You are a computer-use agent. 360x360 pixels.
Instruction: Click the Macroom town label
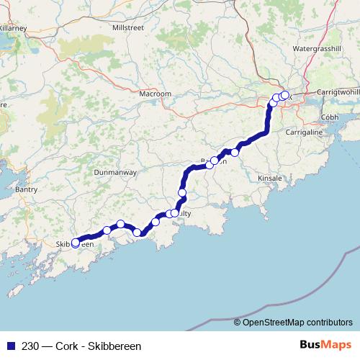point(156,94)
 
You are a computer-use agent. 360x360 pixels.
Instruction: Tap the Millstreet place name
point(129,27)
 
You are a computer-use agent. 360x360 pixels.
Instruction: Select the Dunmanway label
point(115,173)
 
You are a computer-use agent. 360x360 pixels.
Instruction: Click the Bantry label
point(26,189)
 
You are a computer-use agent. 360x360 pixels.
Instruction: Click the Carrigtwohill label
point(338,94)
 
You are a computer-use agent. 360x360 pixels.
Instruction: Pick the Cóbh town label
point(329,116)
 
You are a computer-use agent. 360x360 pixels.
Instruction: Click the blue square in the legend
point(9,346)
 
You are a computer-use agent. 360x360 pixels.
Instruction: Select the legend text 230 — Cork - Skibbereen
point(81,346)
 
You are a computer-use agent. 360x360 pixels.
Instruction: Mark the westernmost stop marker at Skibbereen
point(76,243)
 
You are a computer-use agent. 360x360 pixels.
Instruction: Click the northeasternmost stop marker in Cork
point(284,95)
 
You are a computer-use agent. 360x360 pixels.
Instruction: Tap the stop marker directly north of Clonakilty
point(182,193)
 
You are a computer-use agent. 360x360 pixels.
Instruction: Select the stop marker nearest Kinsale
point(235,153)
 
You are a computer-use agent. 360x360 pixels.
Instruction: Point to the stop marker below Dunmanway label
point(121,224)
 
